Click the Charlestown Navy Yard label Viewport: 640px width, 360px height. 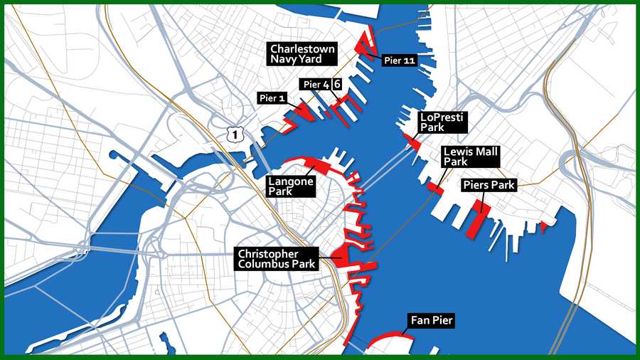[302, 54]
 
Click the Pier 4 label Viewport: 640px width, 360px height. [315, 85]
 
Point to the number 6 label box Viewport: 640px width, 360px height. [337, 84]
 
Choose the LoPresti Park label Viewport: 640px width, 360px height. [442, 122]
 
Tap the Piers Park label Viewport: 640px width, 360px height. [488, 185]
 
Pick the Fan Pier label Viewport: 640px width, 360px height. [430, 321]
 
